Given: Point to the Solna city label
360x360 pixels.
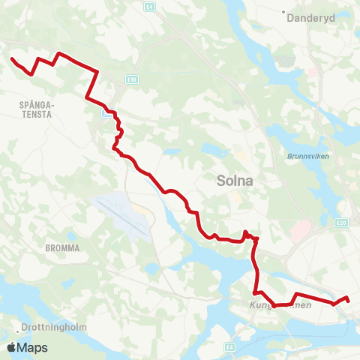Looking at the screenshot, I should click(234, 180).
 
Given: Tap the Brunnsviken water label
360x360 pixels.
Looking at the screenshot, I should click(302, 156).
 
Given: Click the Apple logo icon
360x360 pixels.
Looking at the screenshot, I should click(11, 347).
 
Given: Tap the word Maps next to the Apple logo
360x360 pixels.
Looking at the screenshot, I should click(32, 347).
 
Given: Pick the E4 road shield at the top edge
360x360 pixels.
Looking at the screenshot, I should click(150, 7).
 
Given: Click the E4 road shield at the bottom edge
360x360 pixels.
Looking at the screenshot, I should click(229, 346).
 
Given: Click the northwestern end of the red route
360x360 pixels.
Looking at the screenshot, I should click(11, 58).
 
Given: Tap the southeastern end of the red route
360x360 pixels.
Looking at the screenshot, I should click(349, 301).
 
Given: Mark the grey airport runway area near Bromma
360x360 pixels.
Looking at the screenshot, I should click(120, 215).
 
